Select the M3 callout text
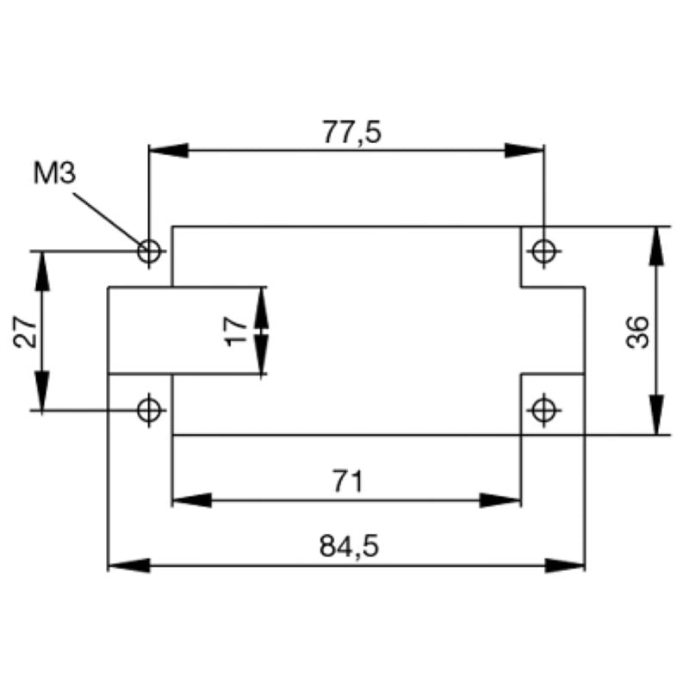point(54,173)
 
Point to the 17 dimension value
point(235,330)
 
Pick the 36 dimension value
point(637,331)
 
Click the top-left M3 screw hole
point(150,251)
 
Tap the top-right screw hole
point(543,251)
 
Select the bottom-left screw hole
point(150,410)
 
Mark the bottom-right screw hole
point(543,410)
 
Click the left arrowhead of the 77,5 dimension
point(167,151)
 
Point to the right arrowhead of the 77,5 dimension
point(525,151)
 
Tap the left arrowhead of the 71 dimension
point(191,500)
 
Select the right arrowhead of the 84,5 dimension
point(567,566)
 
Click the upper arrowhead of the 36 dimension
point(658,245)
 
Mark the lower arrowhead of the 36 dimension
point(658,416)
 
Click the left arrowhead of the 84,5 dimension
point(127,566)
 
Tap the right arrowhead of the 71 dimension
point(502,500)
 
